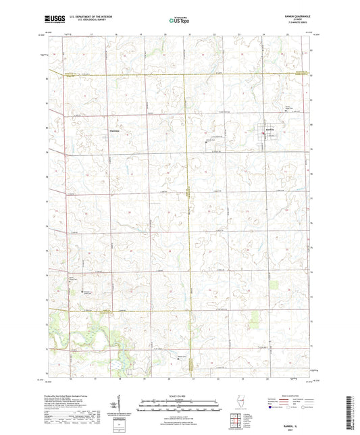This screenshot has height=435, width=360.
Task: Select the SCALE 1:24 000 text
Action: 179,394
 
